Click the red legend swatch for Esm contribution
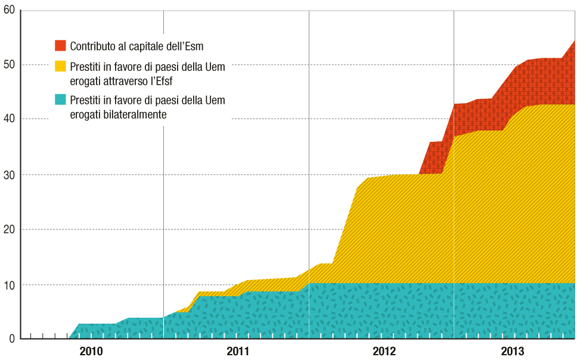(x=60, y=45)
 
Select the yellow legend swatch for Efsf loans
(x=60, y=67)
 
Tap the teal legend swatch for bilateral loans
(x=60, y=100)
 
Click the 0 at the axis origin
(x=11, y=339)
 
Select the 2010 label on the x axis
(x=91, y=352)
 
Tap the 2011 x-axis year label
(x=238, y=352)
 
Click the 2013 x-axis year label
(x=513, y=352)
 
